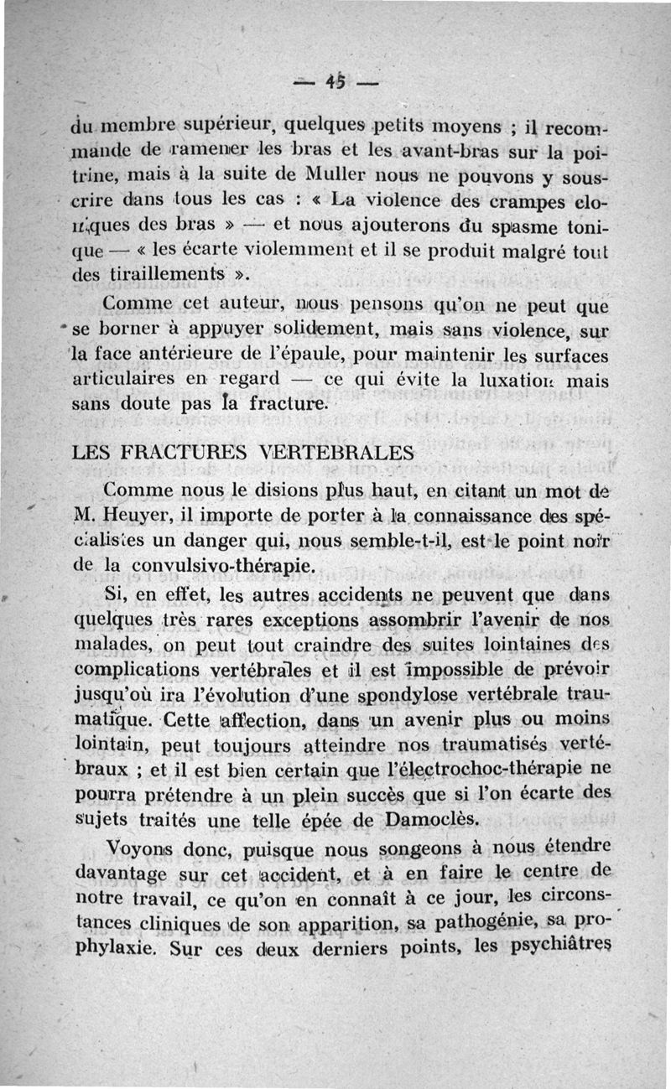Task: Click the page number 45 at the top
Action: (x=336, y=83)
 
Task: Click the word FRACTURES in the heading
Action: (x=178, y=453)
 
